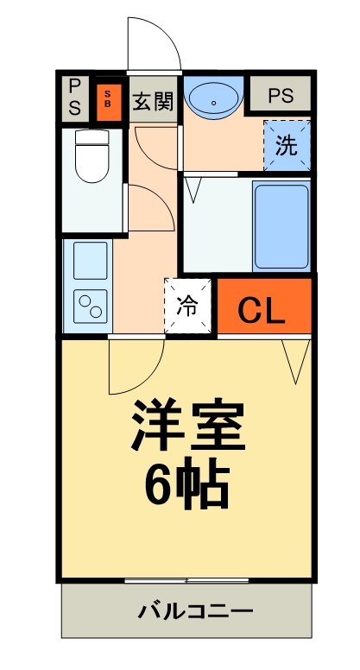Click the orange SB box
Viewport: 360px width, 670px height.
click(109, 98)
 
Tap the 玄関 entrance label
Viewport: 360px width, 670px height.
click(152, 98)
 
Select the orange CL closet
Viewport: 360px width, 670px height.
click(262, 307)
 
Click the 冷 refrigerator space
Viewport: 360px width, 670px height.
click(187, 305)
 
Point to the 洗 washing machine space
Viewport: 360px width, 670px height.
click(287, 144)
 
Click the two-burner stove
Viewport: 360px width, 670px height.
click(90, 303)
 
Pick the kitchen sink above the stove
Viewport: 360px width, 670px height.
click(90, 257)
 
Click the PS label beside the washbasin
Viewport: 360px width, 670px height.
click(280, 96)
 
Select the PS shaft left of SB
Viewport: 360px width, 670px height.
click(75, 97)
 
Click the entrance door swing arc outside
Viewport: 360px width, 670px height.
click(153, 43)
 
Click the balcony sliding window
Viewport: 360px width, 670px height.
click(186, 578)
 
